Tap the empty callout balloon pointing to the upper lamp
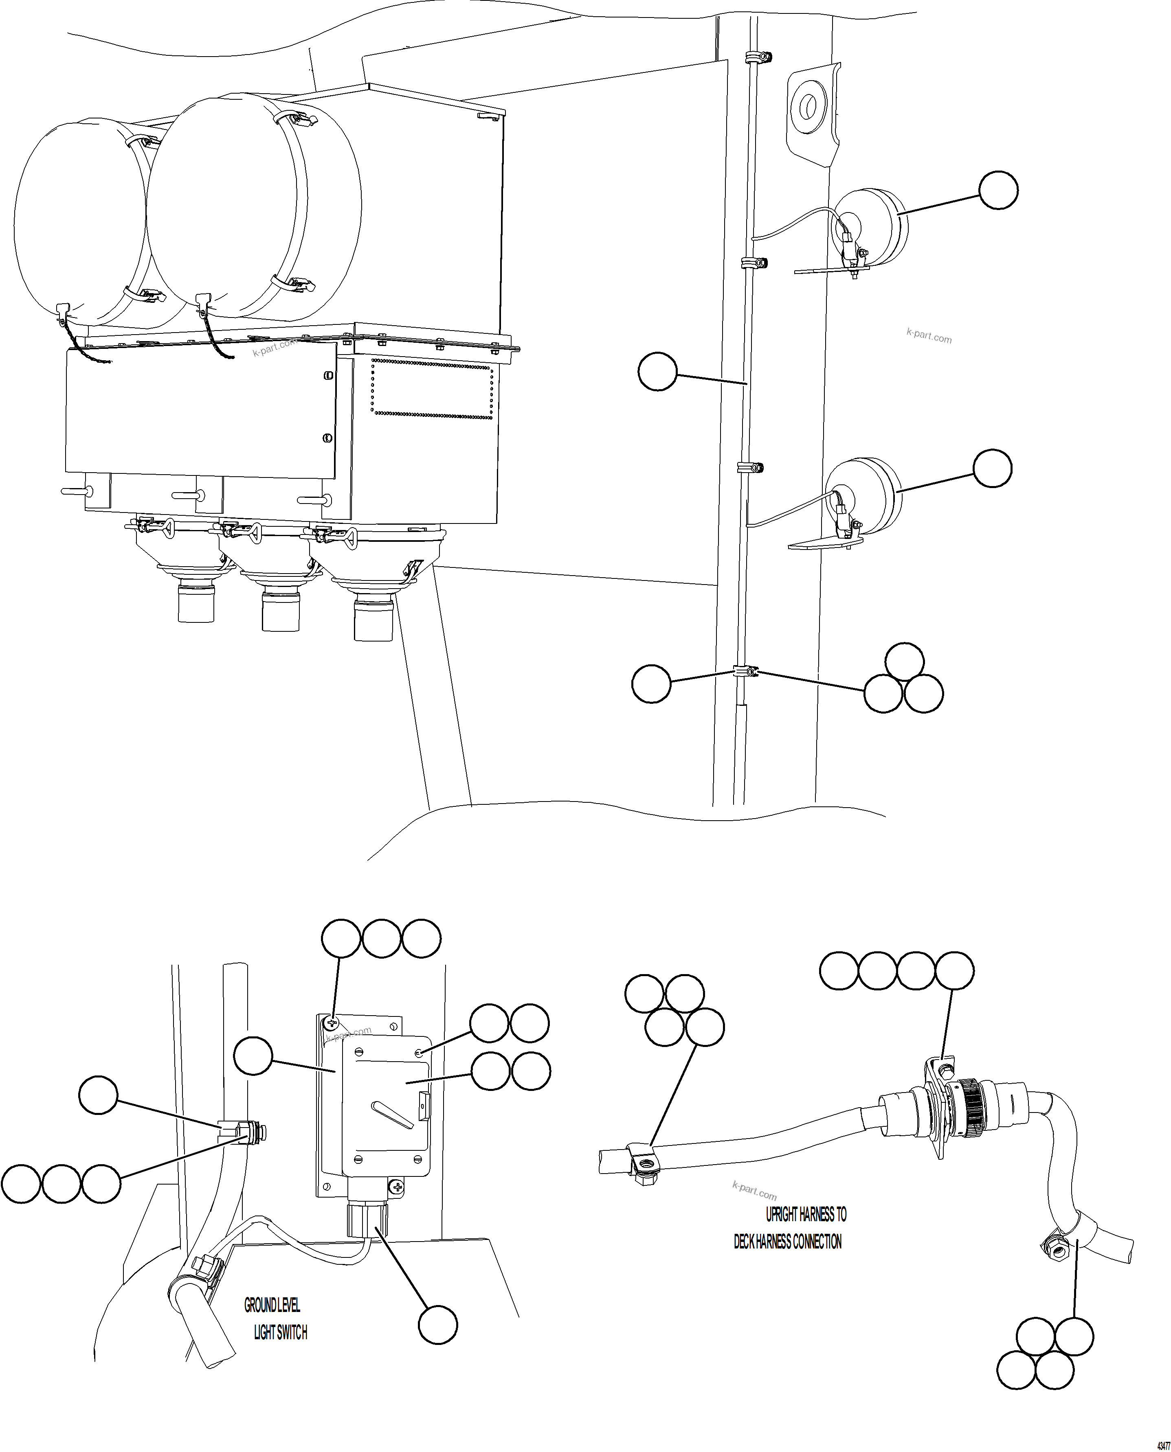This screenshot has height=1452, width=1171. click(x=998, y=190)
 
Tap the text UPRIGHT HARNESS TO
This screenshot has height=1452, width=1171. click(x=806, y=1215)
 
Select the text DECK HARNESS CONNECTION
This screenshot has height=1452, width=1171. click(x=787, y=1242)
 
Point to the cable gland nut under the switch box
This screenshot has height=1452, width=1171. click(x=368, y=1220)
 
